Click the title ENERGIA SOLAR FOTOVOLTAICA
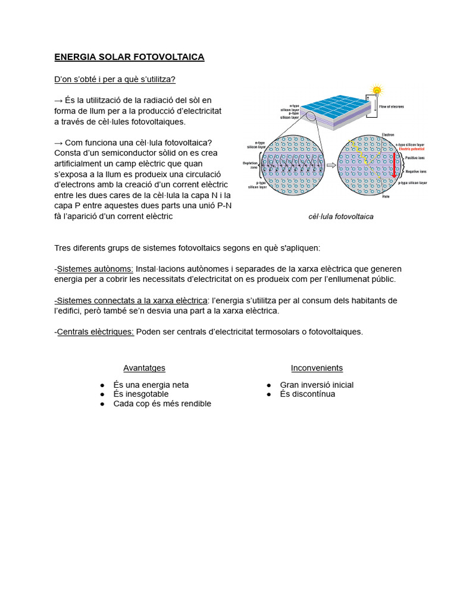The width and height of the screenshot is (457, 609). click(x=129, y=57)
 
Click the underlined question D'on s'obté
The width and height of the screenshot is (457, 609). click(x=114, y=79)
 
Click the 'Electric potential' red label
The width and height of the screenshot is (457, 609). click(x=413, y=149)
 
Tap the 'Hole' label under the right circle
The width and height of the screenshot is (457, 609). click(x=386, y=196)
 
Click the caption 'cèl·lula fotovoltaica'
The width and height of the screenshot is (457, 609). click(x=341, y=216)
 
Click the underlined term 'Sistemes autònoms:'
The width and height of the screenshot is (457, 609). click(x=95, y=269)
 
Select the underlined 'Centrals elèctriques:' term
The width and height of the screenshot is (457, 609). click(x=95, y=331)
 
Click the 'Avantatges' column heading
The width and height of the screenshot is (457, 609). click(x=144, y=368)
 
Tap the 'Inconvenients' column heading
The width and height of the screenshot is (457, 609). click(x=317, y=368)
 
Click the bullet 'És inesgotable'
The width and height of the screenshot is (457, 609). click(x=140, y=394)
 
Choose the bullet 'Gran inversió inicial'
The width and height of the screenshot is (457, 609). click(x=317, y=385)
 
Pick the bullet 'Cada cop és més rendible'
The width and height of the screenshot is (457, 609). click(x=162, y=403)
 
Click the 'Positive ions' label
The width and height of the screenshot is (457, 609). click(x=415, y=158)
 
